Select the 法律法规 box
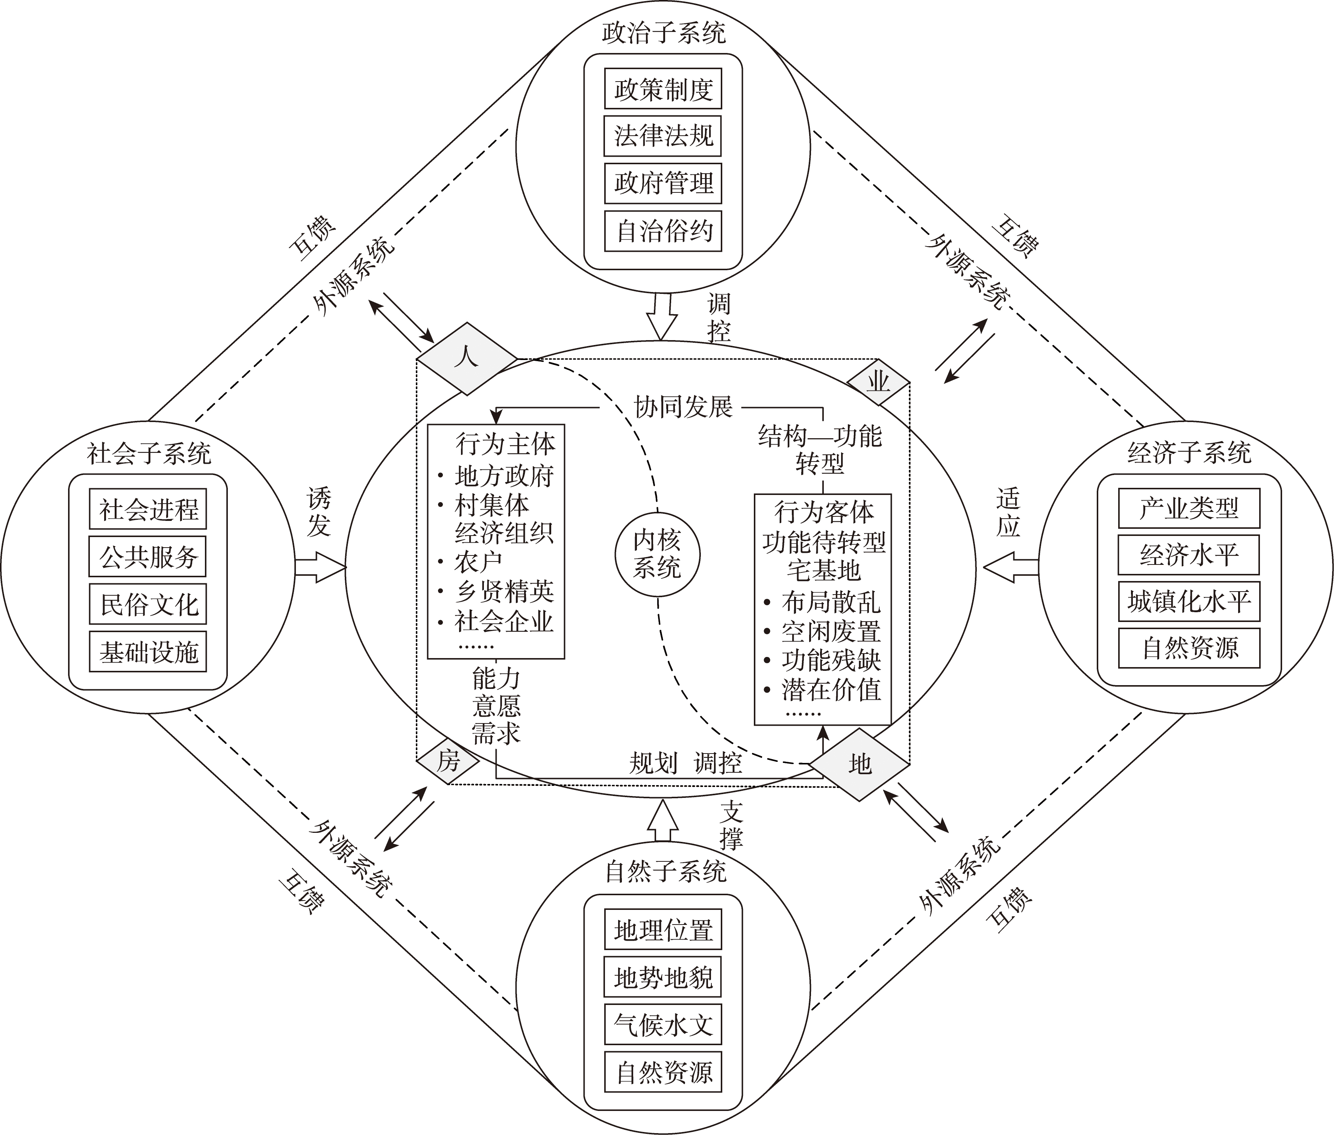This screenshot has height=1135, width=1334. tap(662, 136)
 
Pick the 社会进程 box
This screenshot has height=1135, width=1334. tap(148, 509)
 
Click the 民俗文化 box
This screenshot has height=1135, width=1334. tap(148, 604)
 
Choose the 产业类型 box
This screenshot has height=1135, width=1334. tap(1188, 508)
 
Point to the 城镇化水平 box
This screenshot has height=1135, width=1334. tap(1188, 602)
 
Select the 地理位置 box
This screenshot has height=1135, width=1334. tap(662, 929)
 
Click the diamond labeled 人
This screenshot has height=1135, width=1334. tap(467, 359)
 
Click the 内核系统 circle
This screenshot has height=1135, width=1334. tap(657, 555)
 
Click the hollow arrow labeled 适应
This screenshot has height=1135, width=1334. tap(1010, 567)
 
